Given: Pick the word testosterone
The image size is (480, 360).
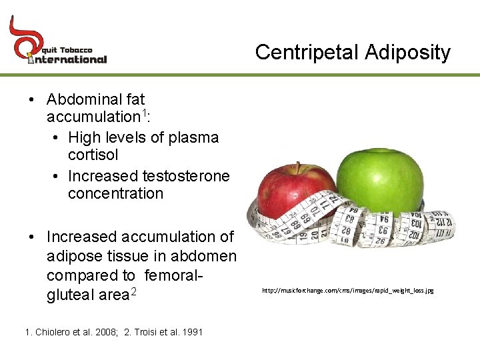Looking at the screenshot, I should tap(186, 176).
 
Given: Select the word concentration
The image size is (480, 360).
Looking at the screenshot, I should tap(115, 194).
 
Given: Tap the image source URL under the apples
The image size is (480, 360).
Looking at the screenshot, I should tap(347, 291).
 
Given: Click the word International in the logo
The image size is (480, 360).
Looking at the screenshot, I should tap(67, 59).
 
